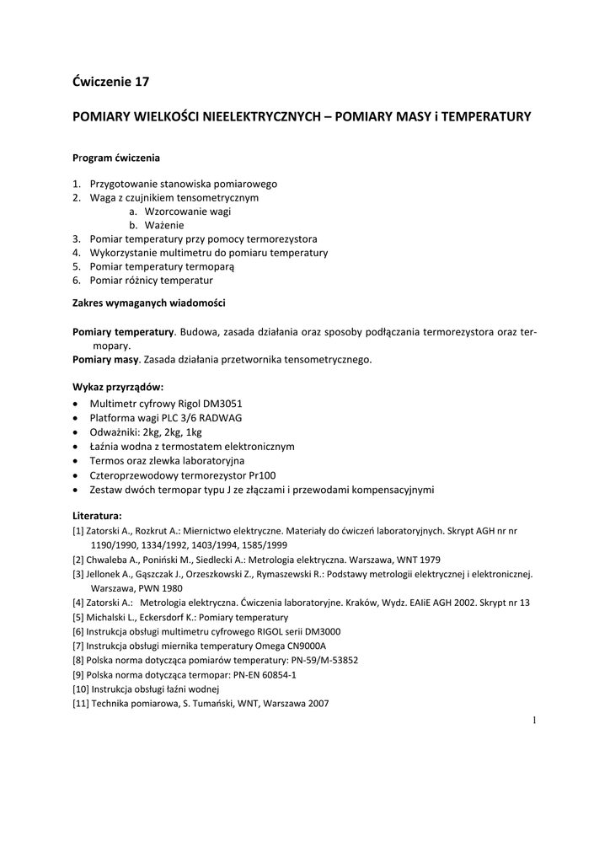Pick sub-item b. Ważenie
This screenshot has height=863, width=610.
click(157, 225)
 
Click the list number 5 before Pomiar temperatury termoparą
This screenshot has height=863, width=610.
click(76, 266)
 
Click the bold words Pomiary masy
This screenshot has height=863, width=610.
click(105, 359)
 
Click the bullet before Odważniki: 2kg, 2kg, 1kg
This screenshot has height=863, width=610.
click(77, 432)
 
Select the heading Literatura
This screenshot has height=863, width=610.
click(97, 514)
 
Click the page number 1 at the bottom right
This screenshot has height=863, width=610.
click(534, 720)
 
